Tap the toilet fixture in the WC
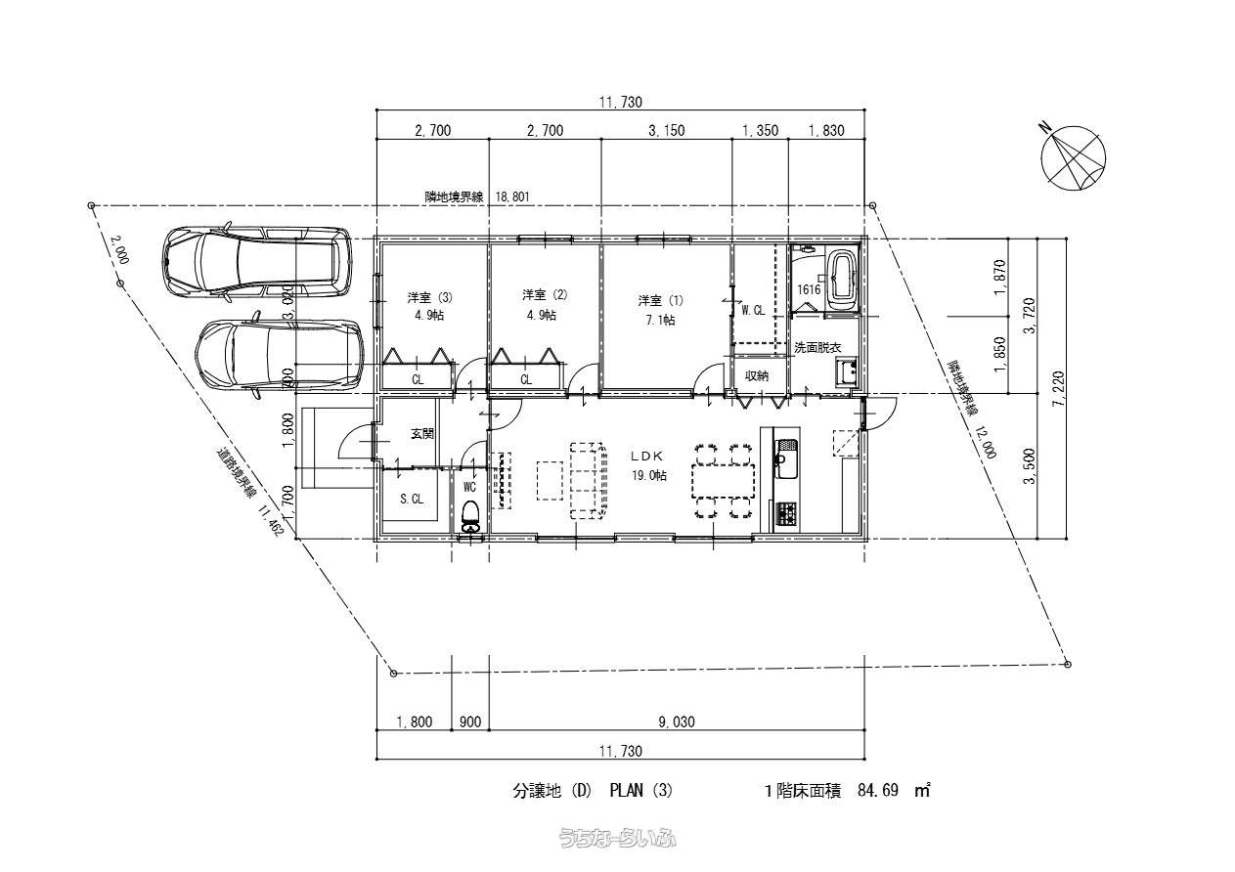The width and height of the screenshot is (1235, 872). [470, 515]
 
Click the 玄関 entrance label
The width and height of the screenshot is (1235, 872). [421, 433]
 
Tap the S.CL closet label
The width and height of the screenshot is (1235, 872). [412, 499]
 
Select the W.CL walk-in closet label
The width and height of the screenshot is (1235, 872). [753, 311]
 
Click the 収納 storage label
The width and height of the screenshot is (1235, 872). [757, 375]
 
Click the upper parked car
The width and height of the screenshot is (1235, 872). [257, 262]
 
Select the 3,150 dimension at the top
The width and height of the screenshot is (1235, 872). [666, 130]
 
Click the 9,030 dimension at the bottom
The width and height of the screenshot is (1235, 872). [676, 722]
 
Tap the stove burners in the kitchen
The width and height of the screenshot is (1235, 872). [786, 512]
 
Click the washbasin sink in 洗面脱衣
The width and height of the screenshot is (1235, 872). [845, 371]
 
